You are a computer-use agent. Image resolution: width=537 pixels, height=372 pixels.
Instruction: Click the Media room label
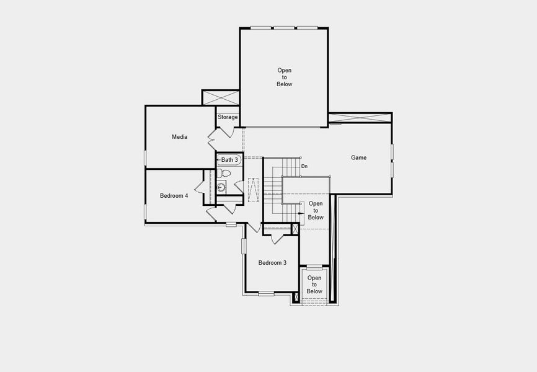coord(180,137)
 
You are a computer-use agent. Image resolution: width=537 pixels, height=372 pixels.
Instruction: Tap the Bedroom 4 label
coord(174,196)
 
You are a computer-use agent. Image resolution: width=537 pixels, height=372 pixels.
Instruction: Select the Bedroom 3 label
coord(272,263)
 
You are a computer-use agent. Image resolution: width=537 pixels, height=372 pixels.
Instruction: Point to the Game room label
coord(358,157)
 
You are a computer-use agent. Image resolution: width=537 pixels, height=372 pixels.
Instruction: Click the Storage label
coord(228,117)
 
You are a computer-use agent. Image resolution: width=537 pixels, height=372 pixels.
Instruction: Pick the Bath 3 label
coord(229,160)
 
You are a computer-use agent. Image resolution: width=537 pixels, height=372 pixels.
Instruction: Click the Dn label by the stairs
coord(304,166)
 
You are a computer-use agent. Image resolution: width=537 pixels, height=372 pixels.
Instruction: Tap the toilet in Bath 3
coord(224,173)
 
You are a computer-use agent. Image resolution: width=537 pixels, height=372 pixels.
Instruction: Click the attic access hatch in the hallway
coord(253,190)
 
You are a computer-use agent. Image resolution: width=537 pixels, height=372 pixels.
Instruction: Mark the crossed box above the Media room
coord(221,97)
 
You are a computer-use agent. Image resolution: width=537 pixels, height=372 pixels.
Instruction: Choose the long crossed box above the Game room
coord(360,117)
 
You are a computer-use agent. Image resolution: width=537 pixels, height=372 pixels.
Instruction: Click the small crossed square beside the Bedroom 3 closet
coord(296,229)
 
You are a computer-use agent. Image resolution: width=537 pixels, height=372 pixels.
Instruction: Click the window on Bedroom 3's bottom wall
coord(266,293)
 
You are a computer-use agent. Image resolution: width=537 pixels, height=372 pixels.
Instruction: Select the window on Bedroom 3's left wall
coord(244,245)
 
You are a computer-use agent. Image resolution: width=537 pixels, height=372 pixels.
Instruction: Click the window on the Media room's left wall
coord(145,157)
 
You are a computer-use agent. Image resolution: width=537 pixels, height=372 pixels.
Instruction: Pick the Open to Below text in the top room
coord(285,77)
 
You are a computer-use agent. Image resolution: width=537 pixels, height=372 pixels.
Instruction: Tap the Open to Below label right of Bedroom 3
coord(314,285)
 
